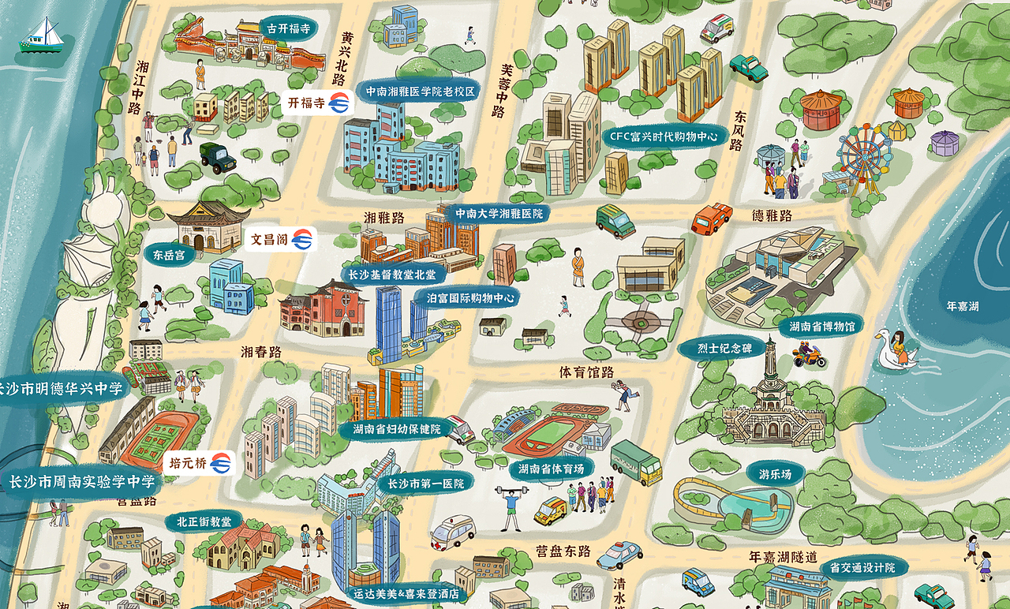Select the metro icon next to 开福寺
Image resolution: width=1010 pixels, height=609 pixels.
coord(340,103)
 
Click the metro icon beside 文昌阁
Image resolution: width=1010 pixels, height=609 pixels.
coord(302,239)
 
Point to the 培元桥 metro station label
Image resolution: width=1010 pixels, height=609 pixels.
coord(189,464)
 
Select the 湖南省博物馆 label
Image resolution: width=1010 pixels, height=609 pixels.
coord(821,325)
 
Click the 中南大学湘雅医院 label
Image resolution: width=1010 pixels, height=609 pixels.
coord(498,213)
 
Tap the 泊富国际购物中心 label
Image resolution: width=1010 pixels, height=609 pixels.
coord(470,298)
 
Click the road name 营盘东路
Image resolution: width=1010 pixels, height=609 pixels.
coord(563,551)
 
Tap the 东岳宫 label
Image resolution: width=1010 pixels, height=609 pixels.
coord(169,255)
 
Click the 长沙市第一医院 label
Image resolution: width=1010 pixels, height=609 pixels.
coord(425,483)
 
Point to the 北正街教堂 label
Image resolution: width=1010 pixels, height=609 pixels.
coord(204,521)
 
